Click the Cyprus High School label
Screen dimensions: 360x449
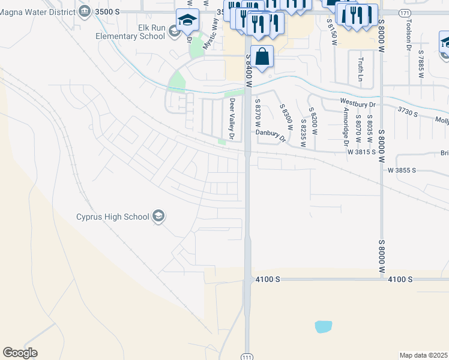pyautogui.click(x=112, y=217)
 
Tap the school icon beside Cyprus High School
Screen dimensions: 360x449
pyautogui.click(x=158, y=217)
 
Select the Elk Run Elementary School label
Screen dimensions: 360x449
pyautogui.click(x=130, y=32)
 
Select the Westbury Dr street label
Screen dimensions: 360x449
pyautogui.click(x=357, y=104)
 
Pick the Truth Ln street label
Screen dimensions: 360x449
pyautogui.click(x=361, y=70)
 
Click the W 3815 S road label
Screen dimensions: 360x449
pyautogui.click(x=365, y=152)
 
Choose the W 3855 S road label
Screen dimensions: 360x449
pyautogui.click(x=402, y=170)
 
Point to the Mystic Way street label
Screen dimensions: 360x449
pyautogui.click(x=209, y=36)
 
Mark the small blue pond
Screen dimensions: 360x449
pyautogui.click(x=323, y=326)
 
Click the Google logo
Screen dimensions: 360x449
pyautogui.click(x=20, y=353)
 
